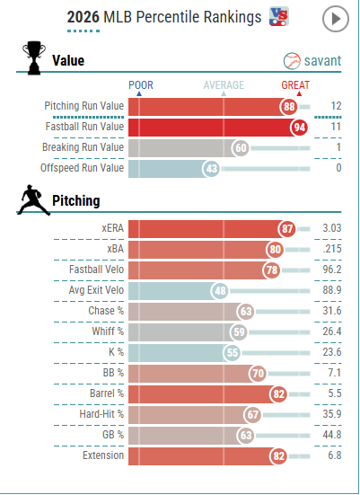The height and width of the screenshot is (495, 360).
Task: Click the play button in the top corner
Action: (336, 19)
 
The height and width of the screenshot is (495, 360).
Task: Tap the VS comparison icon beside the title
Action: (279, 16)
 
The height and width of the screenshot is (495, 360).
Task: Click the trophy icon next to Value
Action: (34, 57)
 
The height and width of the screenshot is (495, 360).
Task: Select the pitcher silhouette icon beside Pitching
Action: (33, 200)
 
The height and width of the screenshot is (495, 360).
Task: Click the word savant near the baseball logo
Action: (322, 60)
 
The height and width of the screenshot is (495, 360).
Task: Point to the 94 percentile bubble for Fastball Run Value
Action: (299, 128)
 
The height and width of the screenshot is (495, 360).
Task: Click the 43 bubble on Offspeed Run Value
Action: (211, 169)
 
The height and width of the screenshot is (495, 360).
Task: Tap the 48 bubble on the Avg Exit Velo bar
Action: (220, 291)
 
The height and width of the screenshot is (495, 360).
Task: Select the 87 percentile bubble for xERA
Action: (287, 228)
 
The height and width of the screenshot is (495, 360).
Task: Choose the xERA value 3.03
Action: (331, 228)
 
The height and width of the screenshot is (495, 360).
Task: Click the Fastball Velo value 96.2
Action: (331, 270)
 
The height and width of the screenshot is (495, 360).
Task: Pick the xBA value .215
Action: (332, 249)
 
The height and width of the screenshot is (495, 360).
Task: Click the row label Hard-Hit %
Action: (101, 414)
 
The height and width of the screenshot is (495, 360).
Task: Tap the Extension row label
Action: (103, 455)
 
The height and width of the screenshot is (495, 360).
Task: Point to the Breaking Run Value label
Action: (83, 147)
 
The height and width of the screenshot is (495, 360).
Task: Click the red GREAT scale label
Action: (295, 85)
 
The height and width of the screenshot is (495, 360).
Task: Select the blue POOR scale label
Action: (141, 85)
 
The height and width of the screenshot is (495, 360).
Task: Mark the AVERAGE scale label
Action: (224, 85)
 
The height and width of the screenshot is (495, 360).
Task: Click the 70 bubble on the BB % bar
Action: (258, 374)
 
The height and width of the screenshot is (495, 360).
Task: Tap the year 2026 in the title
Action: (83, 17)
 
